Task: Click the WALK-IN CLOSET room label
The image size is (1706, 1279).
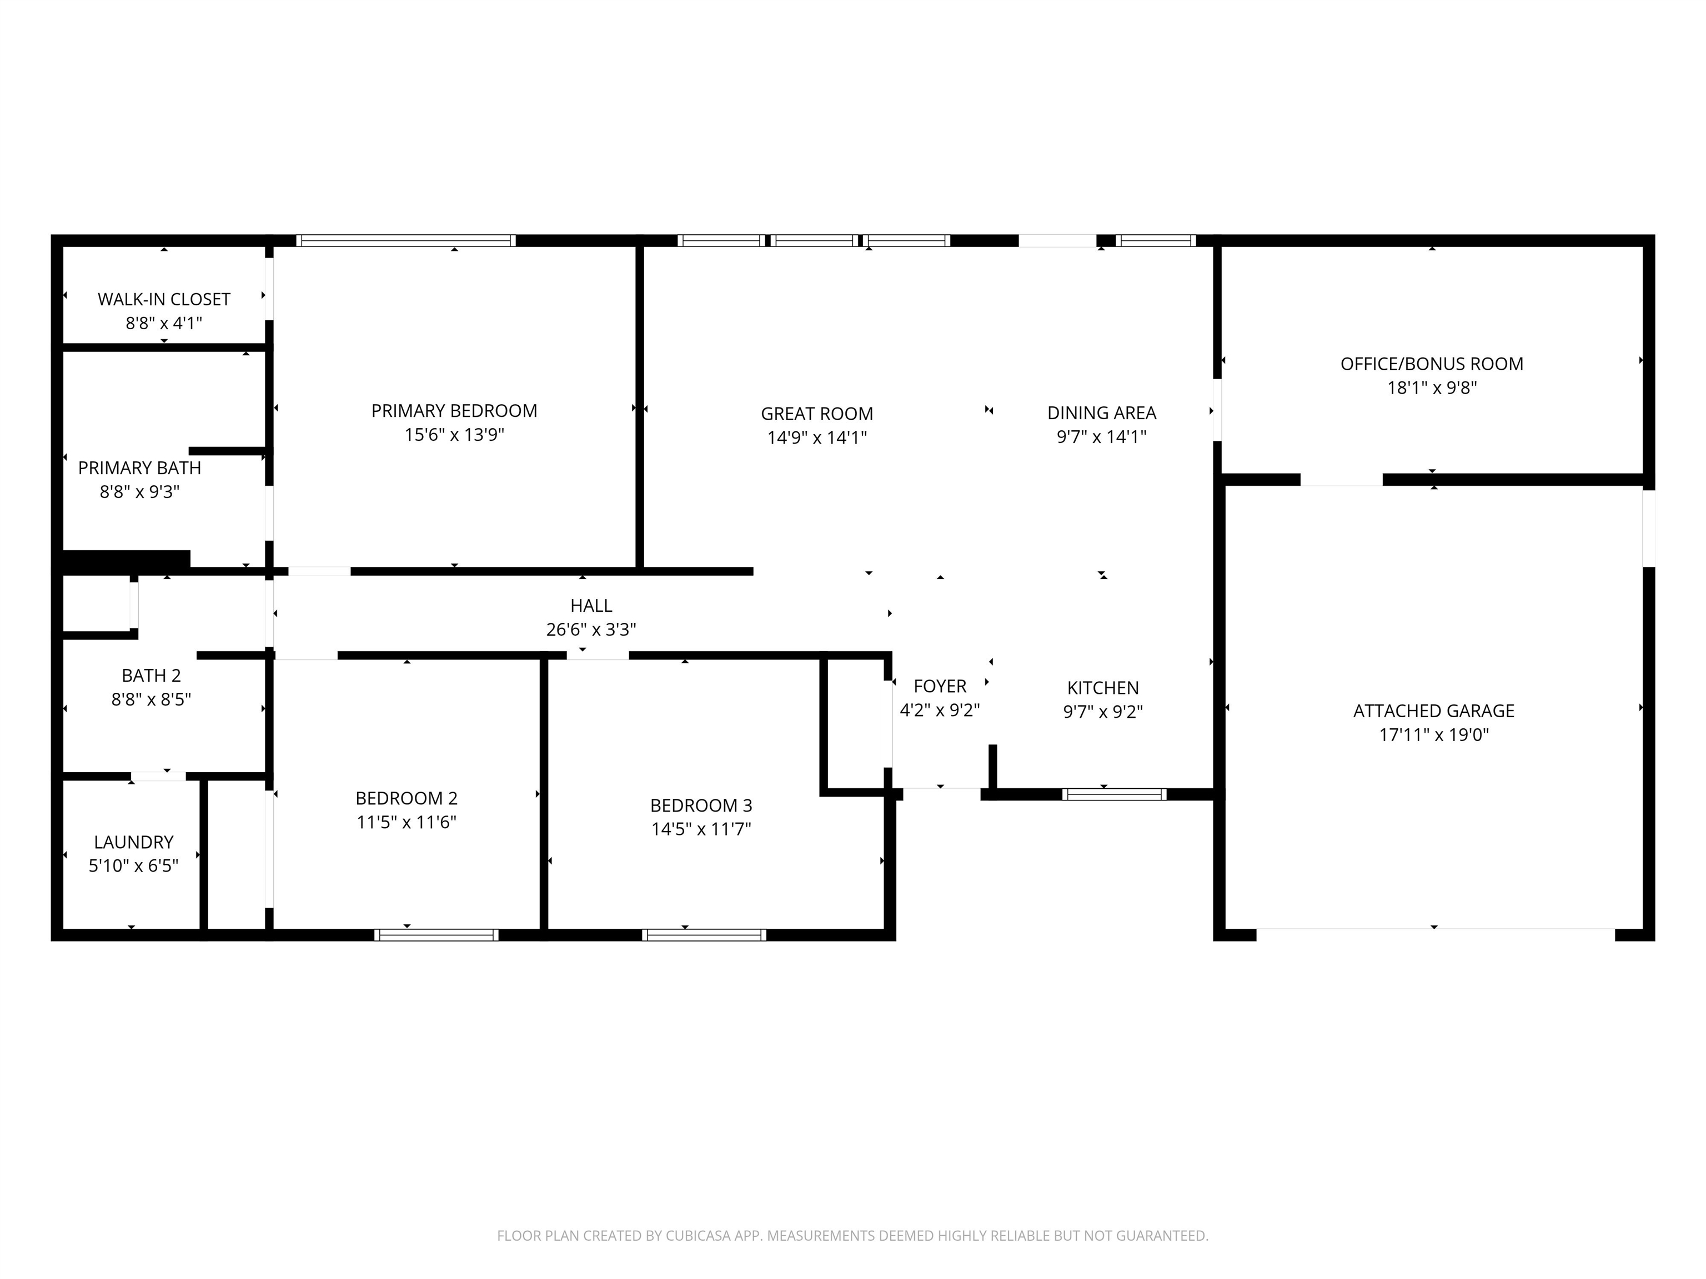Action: (163, 299)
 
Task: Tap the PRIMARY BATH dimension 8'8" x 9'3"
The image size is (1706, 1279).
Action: (139, 492)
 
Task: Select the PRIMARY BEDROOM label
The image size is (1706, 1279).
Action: (454, 411)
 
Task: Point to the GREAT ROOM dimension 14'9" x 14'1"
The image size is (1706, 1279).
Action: (817, 438)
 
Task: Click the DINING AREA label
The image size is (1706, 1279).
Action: (1101, 413)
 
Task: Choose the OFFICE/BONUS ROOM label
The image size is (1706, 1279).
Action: (1432, 364)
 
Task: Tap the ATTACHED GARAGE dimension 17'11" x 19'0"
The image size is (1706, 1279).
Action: (1434, 735)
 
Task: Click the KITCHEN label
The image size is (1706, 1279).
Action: (1103, 688)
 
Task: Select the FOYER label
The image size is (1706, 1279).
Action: (940, 686)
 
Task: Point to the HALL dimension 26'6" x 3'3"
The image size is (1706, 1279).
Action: (591, 630)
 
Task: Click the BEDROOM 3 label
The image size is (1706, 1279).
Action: (701, 805)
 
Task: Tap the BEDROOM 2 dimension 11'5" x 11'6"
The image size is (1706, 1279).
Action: (407, 822)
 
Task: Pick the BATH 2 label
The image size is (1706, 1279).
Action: (151, 676)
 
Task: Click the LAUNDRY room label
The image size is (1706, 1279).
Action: (133, 842)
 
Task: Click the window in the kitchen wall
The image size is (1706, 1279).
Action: (1113, 794)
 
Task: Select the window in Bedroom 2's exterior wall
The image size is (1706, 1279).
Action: (436, 935)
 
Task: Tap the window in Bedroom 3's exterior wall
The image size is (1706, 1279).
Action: (704, 935)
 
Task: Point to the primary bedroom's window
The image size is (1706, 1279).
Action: (406, 240)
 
